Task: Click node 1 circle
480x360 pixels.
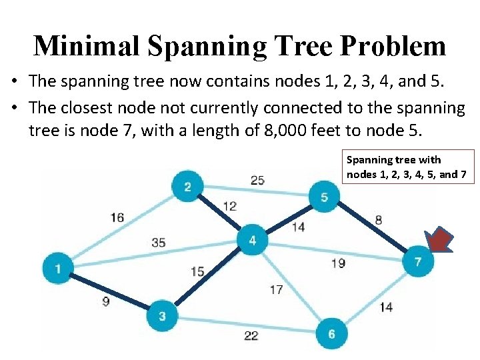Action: [59, 268]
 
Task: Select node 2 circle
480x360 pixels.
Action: [187, 186]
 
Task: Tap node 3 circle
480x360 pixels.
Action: [162, 315]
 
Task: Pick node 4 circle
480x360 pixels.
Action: [253, 240]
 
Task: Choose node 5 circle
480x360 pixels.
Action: [324, 197]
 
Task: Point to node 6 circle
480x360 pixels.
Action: [331, 333]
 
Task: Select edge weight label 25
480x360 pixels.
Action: [257, 180]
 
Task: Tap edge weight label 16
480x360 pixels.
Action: [117, 217]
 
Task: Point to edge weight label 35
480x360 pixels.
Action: [158, 243]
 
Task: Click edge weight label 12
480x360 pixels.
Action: [229, 206]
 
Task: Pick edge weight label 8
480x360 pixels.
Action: [379, 219]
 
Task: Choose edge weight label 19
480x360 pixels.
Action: [338, 263]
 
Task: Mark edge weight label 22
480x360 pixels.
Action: [251, 335]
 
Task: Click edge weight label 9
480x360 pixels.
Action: [106, 301]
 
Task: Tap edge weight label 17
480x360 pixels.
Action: [276, 289]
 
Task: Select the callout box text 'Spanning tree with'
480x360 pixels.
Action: [393, 160]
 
